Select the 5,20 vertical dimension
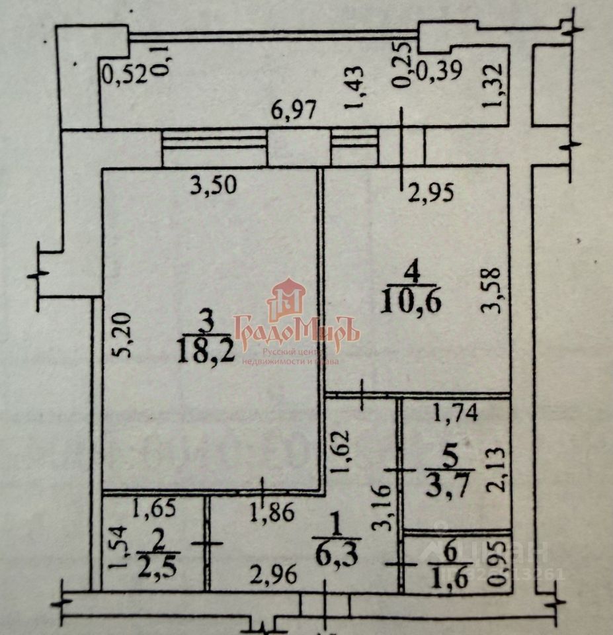125,335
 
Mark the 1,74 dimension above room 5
454,415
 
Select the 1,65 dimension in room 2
154,509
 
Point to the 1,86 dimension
273,513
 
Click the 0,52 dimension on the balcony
123,75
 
